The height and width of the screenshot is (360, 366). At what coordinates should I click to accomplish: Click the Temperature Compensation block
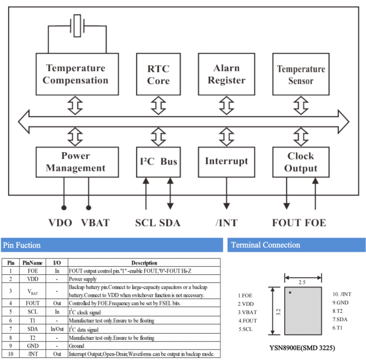(x=77, y=74)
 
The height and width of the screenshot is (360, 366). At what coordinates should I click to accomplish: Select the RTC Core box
(x=158, y=74)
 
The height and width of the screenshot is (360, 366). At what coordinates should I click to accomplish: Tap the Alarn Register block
(x=226, y=74)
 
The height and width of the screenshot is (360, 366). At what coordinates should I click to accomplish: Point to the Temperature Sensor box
(x=301, y=74)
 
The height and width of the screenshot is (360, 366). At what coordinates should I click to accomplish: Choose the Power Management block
(x=77, y=162)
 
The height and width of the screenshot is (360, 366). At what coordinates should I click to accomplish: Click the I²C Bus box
(x=158, y=162)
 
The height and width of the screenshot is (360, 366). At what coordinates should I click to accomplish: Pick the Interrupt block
(x=226, y=162)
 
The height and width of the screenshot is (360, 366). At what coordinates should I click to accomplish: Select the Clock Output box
(x=301, y=162)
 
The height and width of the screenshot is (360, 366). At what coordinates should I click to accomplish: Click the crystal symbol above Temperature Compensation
(x=78, y=25)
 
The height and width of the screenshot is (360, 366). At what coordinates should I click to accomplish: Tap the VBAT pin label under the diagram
(x=95, y=222)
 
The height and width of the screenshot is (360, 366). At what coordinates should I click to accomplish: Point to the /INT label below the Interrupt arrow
(x=226, y=222)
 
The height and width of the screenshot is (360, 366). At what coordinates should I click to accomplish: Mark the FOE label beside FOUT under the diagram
(x=316, y=222)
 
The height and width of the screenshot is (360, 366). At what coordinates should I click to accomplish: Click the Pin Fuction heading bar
(x=112, y=245)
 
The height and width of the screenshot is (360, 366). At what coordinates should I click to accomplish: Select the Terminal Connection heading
(x=296, y=245)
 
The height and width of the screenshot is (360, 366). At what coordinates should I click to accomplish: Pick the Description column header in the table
(x=144, y=263)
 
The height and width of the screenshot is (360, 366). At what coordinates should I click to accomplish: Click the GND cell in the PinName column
(x=32, y=345)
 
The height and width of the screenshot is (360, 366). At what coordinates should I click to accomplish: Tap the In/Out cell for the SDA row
(x=57, y=329)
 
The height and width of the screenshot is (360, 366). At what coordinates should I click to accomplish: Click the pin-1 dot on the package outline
(x=290, y=293)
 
